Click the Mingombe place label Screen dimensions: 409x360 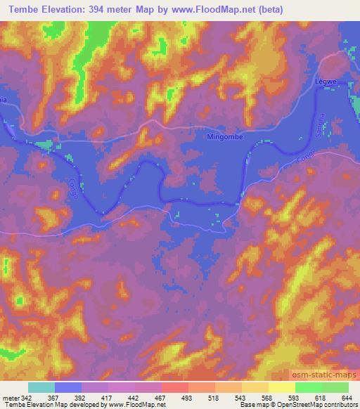coord(225,137)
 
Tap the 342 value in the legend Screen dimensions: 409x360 coord(26,398)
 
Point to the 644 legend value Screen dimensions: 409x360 coord(345,398)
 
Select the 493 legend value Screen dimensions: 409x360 coord(186,398)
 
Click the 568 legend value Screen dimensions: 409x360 coord(266,398)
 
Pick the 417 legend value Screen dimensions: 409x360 coord(106,398)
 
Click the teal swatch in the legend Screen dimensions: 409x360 coord(41,387)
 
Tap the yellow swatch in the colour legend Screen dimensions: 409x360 coord(281,387)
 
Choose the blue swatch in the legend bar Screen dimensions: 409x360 coord(67,387)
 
